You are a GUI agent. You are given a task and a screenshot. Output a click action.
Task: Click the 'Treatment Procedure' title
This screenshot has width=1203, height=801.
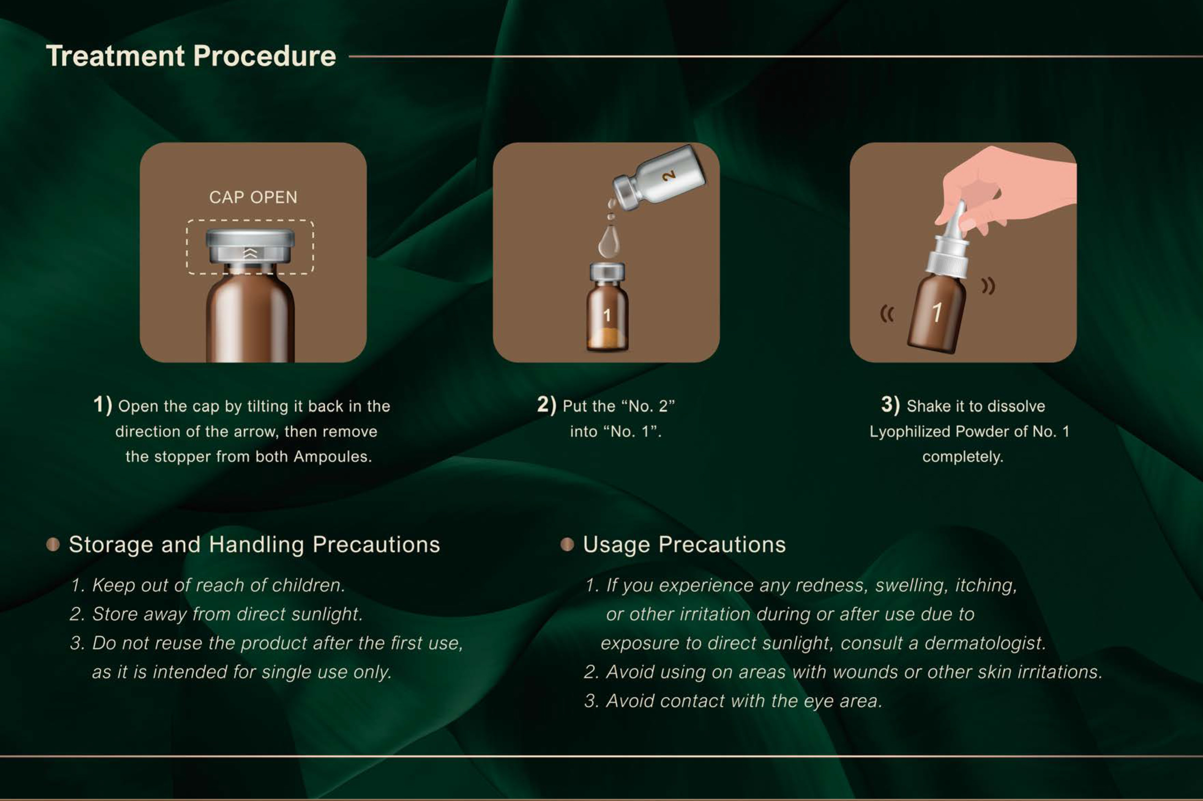click(191, 56)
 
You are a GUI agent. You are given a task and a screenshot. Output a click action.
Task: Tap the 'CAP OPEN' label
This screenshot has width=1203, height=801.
click(253, 197)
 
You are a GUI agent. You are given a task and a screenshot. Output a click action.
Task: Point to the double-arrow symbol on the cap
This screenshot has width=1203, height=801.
click(250, 253)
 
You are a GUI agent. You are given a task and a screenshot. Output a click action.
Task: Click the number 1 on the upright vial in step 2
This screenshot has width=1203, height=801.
click(607, 315)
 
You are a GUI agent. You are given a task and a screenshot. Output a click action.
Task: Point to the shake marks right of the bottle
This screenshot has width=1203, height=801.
click(988, 286)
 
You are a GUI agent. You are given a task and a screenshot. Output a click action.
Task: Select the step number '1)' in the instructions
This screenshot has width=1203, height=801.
click(102, 404)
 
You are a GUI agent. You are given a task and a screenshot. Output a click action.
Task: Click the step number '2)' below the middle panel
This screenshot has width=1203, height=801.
click(547, 404)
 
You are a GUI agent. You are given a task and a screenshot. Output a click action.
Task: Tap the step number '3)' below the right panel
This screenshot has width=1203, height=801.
click(890, 404)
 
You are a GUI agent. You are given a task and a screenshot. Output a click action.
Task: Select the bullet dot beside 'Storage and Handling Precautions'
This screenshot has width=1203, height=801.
click(53, 545)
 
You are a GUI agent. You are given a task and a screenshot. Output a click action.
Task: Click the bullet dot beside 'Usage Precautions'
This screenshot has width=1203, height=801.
click(567, 545)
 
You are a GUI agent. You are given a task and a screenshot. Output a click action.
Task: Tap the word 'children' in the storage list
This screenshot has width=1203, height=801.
click(308, 586)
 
